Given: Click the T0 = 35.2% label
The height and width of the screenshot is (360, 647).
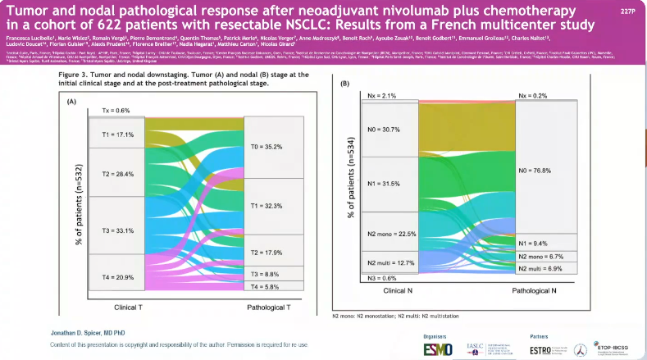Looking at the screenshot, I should coord(267,147).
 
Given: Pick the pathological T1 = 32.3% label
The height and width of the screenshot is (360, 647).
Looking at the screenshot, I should coord(267,206).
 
